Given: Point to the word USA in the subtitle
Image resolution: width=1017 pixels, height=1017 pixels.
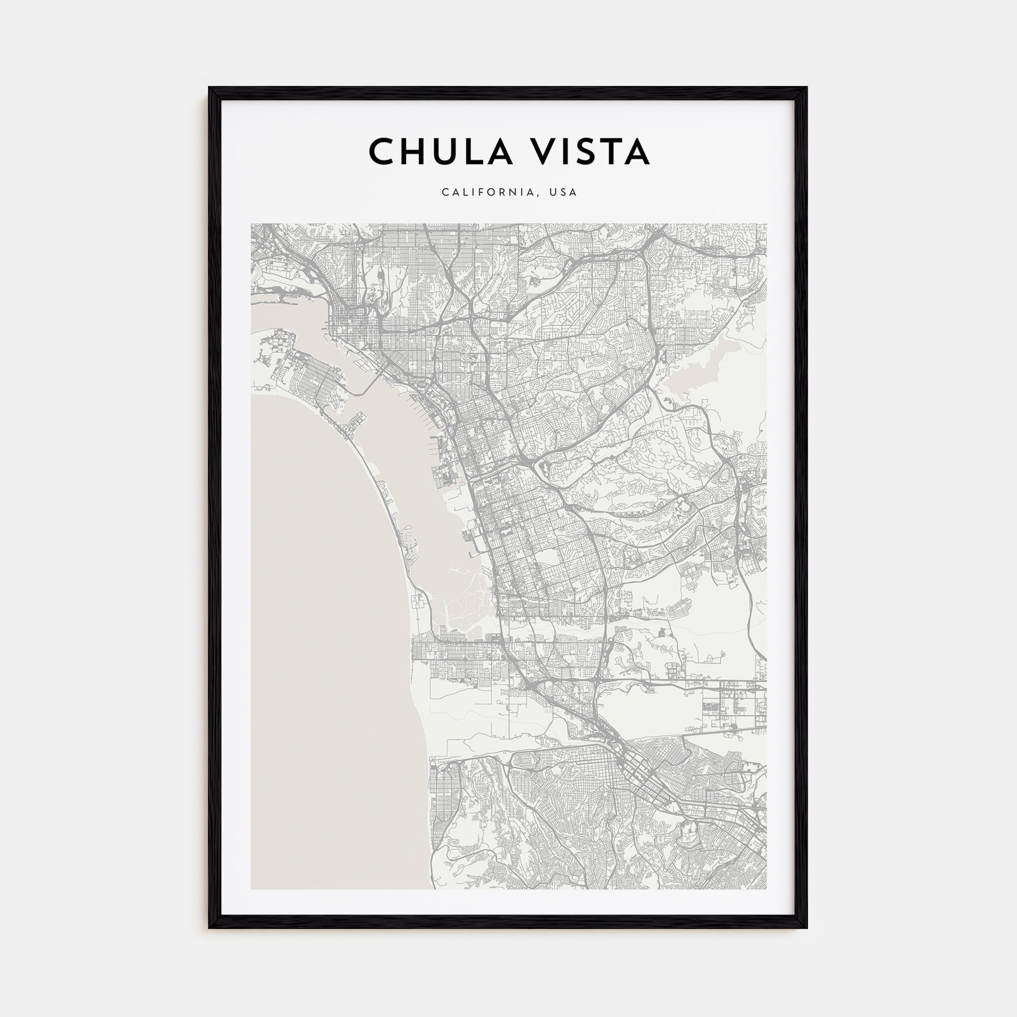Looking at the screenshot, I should click(x=563, y=193).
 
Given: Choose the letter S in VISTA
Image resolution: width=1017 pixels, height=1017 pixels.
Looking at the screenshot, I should click(x=579, y=152).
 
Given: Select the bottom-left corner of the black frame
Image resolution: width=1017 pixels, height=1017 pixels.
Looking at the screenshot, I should click(x=210, y=927).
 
